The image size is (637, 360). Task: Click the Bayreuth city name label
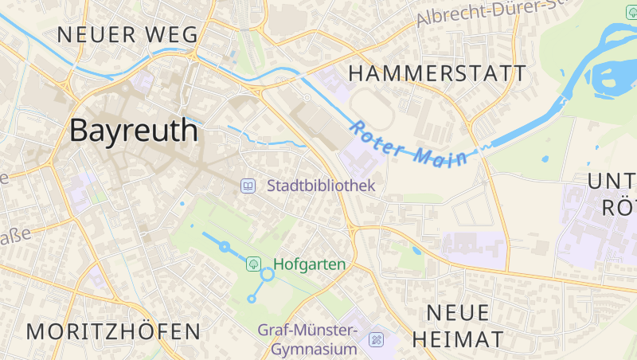pyautogui.click(x=134, y=130)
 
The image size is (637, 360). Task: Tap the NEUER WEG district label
pyautogui.click(x=127, y=34)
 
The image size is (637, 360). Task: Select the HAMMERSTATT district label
pyautogui.click(x=438, y=73)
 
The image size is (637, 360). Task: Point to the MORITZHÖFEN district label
pyautogui.click(x=114, y=331)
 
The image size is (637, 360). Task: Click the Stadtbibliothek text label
pyautogui.click(x=320, y=186)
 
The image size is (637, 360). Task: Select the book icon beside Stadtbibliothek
pyautogui.click(x=248, y=186)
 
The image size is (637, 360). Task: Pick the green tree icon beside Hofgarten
pyautogui.click(x=253, y=263)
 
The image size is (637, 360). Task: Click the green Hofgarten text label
pyautogui.click(x=310, y=264)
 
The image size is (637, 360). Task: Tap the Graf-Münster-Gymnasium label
pyautogui.click(x=308, y=339)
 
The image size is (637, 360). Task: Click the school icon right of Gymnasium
pyautogui.click(x=376, y=341)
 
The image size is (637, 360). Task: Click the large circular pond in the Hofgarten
pyautogui.click(x=268, y=274)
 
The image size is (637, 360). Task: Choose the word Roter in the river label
pyautogui.click(x=377, y=136)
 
